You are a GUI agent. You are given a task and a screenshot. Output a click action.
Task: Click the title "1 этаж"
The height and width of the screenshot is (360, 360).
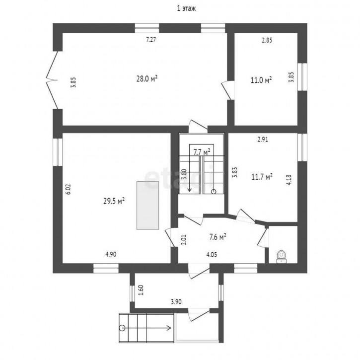[x=186, y=8]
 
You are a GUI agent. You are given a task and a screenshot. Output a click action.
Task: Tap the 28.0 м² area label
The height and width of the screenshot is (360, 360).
[x=147, y=79]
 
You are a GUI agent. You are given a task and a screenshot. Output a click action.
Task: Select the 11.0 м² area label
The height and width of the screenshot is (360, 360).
[x=261, y=80]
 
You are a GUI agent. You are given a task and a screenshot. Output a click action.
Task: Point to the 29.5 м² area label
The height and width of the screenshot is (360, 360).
[x=114, y=202]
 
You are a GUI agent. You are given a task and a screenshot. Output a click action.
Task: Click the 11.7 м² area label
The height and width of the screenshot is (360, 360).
[x=262, y=177]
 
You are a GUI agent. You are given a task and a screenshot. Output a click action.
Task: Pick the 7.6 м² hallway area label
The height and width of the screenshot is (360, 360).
[x=217, y=237]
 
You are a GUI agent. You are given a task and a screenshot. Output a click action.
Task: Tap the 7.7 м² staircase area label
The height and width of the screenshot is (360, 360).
[x=202, y=152]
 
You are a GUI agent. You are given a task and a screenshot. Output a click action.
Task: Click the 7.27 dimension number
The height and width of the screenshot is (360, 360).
[x=151, y=40]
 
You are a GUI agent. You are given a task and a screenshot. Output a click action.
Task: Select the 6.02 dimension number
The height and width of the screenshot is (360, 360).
[x=69, y=189]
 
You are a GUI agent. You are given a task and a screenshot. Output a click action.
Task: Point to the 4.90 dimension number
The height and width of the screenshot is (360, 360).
[x=111, y=254]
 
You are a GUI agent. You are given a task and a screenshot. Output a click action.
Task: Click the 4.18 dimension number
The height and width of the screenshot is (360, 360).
[x=289, y=180]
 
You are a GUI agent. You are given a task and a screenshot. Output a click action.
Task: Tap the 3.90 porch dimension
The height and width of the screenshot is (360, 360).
[x=176, y=302]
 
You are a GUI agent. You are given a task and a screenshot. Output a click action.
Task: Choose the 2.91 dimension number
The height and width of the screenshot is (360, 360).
[x=263, y=140]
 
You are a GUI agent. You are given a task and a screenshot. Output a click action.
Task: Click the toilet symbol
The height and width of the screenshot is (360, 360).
[x=282, y=257]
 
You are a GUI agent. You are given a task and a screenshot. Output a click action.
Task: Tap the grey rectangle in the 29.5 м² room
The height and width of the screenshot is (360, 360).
[x=147, y=205]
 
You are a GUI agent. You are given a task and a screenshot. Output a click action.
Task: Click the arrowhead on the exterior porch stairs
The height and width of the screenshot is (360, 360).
[x=170, y=328]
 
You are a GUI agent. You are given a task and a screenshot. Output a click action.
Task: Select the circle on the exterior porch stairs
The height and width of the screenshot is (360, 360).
[x=122, y=328]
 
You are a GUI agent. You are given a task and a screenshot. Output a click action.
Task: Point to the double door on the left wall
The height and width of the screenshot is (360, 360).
[x=52, y=80]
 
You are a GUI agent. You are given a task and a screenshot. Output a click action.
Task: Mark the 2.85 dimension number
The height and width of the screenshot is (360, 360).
[x=267, y=40]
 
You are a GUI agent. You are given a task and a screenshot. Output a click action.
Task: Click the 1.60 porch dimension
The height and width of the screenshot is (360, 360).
[x=141, y=290]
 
